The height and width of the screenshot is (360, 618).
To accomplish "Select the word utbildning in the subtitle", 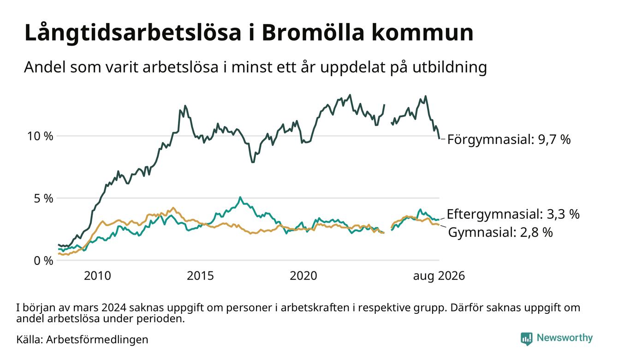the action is tap(450, 67).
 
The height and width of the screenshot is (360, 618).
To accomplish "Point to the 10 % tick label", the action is tap(40, 136).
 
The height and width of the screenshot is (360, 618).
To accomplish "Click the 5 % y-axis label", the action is tap(43, 198).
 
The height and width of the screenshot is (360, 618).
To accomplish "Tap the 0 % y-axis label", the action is tap(43, 261).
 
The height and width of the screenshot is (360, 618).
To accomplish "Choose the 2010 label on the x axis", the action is tap(97, 276).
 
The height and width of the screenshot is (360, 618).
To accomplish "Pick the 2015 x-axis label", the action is tap(200, 276).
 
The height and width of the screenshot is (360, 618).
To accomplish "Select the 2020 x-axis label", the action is tap(303, 276).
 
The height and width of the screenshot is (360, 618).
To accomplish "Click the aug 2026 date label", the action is tap(439, 276).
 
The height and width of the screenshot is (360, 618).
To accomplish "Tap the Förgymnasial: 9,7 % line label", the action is tap(509, 139).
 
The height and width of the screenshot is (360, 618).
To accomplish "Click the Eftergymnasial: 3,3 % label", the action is tap(513, 214).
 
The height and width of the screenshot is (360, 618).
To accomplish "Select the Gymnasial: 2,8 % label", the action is tap(500, 232).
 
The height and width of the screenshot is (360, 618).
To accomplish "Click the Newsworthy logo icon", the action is tap(526, 339).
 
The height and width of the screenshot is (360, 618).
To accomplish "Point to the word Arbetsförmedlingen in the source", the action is tap(97, 340).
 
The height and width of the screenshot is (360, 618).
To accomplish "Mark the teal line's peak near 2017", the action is tap(240, 197).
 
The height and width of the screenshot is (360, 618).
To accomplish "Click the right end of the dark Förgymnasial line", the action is tap(439, 138).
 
